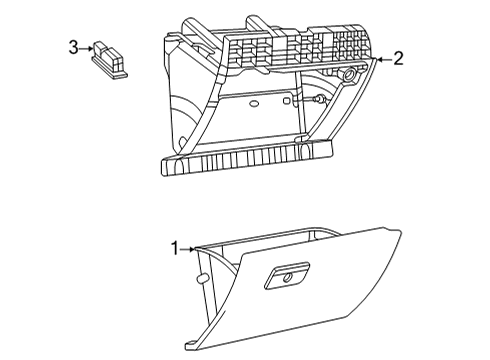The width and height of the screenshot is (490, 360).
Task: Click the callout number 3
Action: pos(73,47)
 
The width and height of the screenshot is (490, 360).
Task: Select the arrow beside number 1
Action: pos(189,249)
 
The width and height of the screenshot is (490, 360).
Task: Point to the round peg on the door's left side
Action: pos(201,277)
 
